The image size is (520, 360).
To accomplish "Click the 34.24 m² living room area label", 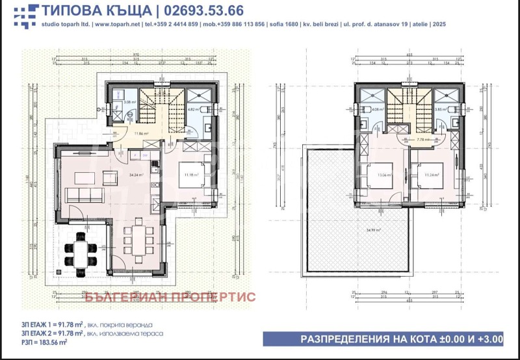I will pos(136,175).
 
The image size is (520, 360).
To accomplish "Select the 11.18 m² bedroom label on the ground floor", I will pos(190,175).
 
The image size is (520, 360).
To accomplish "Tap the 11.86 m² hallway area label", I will pos(142,134).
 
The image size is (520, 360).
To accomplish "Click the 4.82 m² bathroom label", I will pos(193,110).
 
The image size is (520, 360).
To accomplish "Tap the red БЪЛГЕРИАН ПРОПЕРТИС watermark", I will pos(170,297).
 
